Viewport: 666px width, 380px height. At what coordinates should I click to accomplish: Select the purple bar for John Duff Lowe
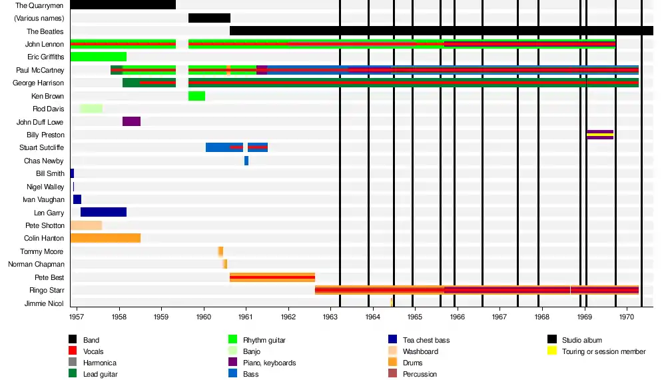pos(131,121)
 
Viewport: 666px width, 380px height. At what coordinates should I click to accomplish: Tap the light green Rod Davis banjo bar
pos(91,109)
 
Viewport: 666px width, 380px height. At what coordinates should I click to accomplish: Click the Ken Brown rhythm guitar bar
pos(196,96)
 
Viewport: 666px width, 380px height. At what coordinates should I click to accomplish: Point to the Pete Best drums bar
pos(272,277)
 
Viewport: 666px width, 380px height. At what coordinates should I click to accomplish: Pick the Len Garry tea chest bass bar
pos(103,213)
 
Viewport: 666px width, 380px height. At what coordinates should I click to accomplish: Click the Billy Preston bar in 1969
pos(599,135)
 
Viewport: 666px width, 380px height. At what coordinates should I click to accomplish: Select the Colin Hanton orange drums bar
pos(105,238)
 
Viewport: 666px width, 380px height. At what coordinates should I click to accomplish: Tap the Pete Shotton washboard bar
pos(86,225)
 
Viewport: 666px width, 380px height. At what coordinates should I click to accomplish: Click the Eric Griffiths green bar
pos(98,57)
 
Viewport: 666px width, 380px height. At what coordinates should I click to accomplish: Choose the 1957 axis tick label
pos(77,317)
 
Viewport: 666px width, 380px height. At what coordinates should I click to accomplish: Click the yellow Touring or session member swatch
pos(552,351)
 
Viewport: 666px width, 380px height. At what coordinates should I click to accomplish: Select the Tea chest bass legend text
pos(426,340)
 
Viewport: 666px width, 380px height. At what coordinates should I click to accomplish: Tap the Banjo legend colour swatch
pos(232,351)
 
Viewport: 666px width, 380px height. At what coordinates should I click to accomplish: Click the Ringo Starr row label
pos(47,291)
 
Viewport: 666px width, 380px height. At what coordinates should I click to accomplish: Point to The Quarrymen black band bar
pos(123,5)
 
